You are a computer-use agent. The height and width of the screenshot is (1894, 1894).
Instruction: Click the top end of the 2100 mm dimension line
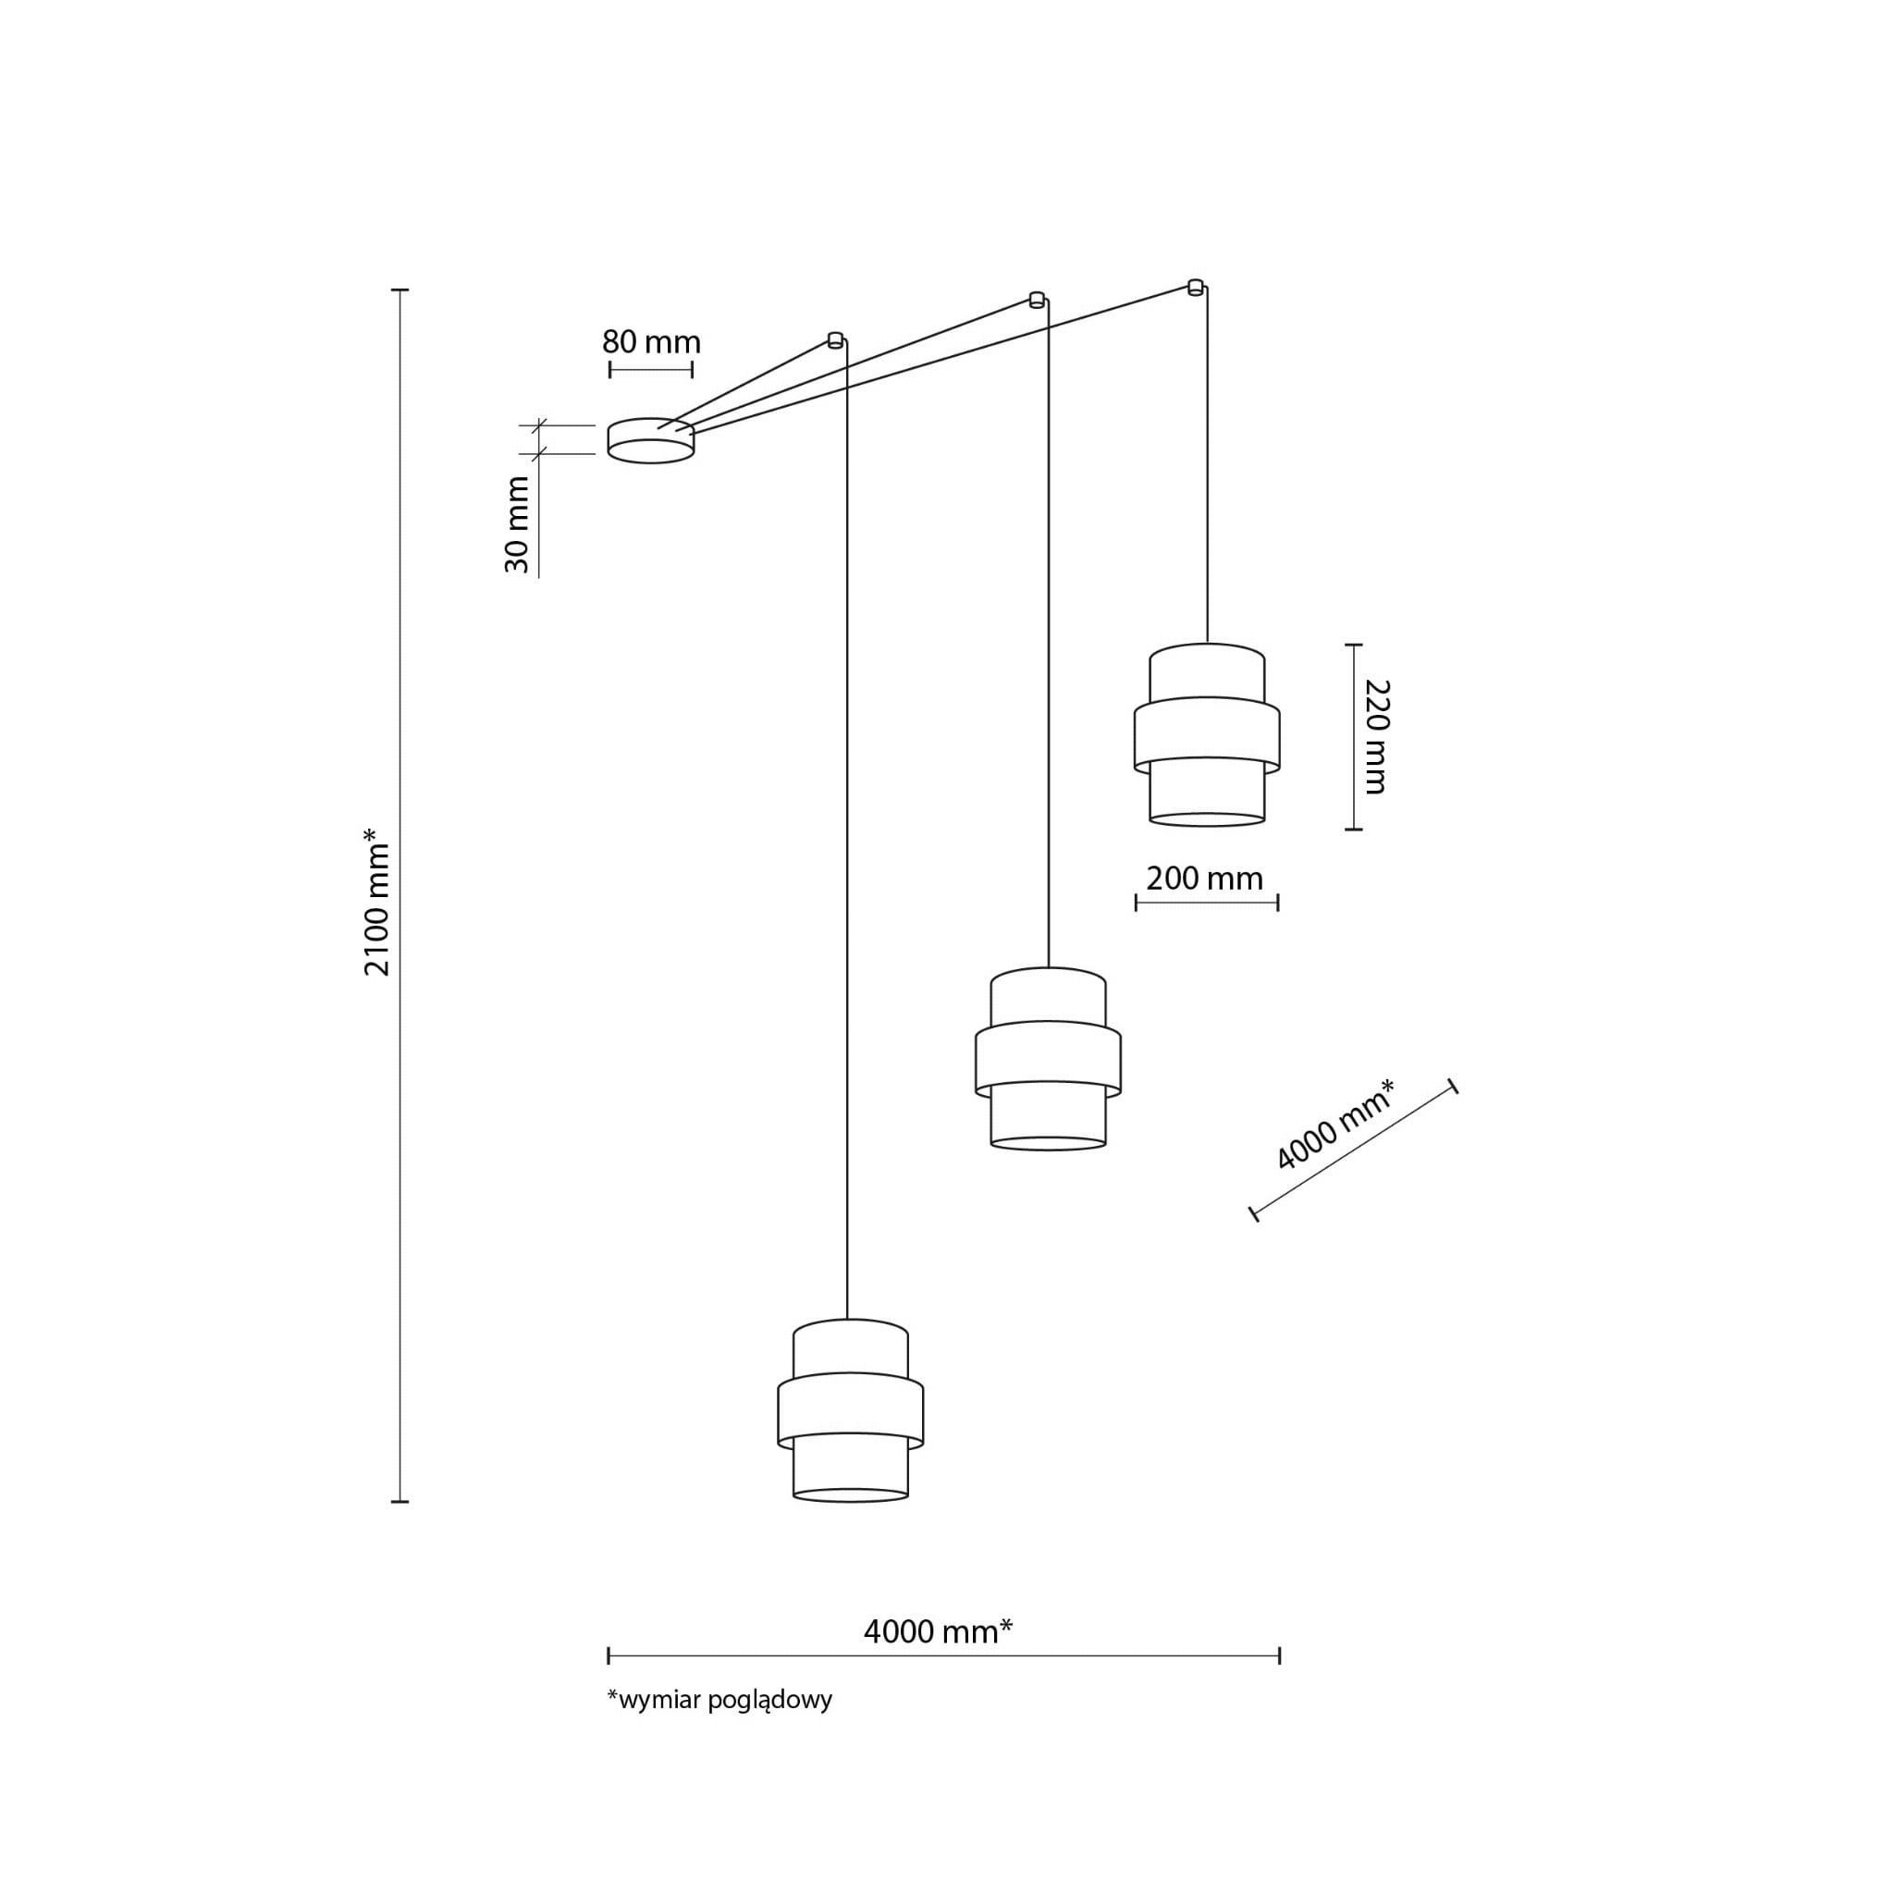[x=400, y=290]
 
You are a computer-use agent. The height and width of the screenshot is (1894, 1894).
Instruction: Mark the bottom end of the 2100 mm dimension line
[x=400, y=1501]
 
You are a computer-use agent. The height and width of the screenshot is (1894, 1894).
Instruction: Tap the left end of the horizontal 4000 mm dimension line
[x=609, y=1655]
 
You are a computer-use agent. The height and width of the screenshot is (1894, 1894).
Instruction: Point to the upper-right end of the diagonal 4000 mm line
[x=1453, y=1087]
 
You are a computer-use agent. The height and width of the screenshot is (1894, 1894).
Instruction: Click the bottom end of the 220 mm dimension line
[x=1354, y=830]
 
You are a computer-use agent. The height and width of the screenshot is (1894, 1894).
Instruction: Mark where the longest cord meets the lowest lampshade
[x=847, y=1320]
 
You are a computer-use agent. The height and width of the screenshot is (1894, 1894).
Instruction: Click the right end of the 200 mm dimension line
[x=1278, y=902]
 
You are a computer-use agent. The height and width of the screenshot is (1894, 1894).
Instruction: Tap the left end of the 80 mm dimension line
[x=609, y=370]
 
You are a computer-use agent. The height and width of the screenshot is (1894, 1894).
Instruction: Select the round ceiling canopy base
[x=651, y=440]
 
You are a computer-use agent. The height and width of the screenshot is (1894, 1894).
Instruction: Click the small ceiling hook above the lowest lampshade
[x=835, y=340]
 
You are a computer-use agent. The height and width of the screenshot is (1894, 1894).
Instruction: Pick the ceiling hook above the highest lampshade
[x=1195, y=288]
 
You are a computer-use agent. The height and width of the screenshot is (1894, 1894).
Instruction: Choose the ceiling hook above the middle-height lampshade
[x=1036, y=300]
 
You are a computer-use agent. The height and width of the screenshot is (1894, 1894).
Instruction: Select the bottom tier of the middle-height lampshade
[x=1048, y=1115]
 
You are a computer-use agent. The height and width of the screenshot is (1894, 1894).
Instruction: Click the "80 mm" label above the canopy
[x=651, y=342]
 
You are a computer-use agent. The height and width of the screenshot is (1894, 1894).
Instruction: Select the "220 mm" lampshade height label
[x=1376, y=736]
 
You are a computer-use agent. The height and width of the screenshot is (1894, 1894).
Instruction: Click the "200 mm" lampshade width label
[x=1205, y=878]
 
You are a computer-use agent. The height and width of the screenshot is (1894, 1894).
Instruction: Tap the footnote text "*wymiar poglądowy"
[x=719, y=1727]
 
